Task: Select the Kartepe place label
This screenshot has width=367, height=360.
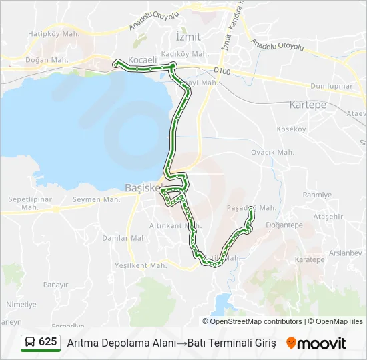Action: tap(308, 105)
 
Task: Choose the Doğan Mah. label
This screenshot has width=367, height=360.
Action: tap(47, 59)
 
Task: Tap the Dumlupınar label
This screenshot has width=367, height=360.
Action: tap(332, 87)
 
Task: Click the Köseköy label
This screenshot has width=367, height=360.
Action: tap(294, 129)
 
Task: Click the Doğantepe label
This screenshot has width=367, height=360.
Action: tap(284, 225)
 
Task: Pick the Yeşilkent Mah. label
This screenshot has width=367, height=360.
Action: tap(141, 265)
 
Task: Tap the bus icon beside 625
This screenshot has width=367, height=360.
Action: tap(30, 342)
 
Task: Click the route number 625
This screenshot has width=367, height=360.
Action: tap(47, 342)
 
